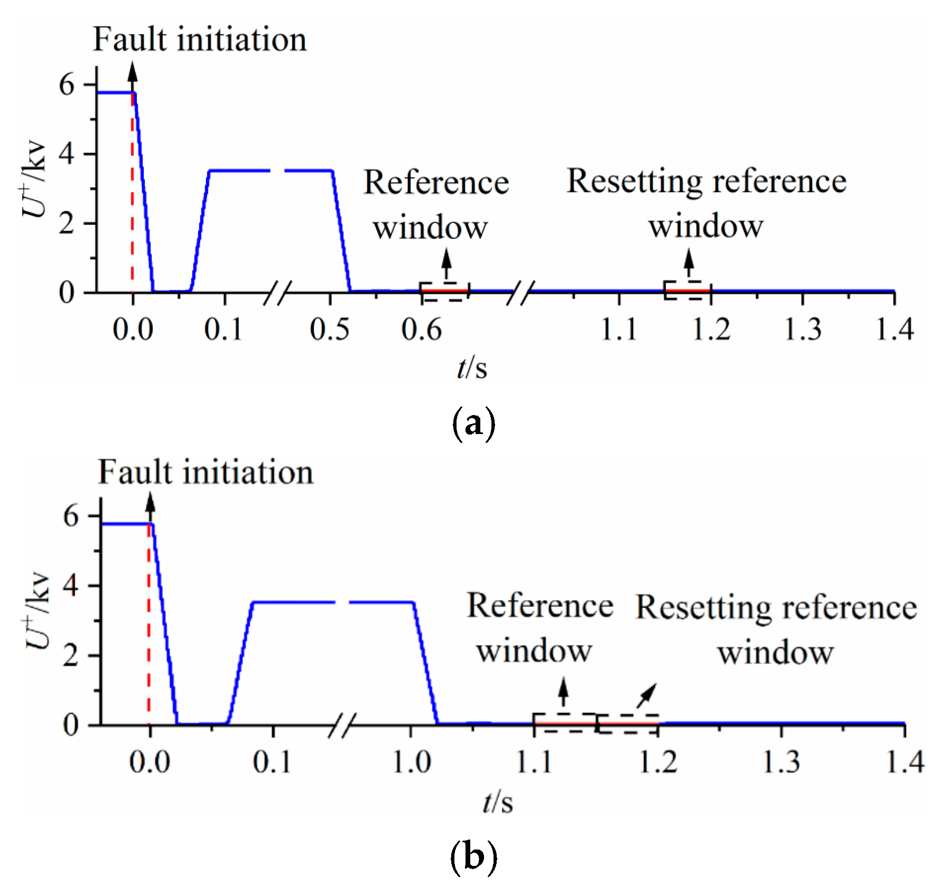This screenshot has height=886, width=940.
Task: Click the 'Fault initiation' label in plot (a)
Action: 200,40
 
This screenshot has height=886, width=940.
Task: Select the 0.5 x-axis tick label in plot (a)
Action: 330,329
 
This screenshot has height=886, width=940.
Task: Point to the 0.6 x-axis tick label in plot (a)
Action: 421,329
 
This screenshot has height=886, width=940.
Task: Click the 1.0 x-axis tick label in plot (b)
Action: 411,762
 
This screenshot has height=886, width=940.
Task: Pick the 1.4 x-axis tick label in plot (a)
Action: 894,329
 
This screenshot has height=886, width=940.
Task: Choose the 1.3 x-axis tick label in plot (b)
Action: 781,762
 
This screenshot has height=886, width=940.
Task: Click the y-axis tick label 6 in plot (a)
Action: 67,84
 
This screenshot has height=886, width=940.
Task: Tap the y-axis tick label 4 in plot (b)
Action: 71,586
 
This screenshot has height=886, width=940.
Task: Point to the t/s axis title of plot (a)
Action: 472,367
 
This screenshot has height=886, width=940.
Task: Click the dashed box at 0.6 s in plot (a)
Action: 444,291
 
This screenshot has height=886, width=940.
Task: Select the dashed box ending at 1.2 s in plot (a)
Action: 687,290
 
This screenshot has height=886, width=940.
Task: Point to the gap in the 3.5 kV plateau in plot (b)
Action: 342,602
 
